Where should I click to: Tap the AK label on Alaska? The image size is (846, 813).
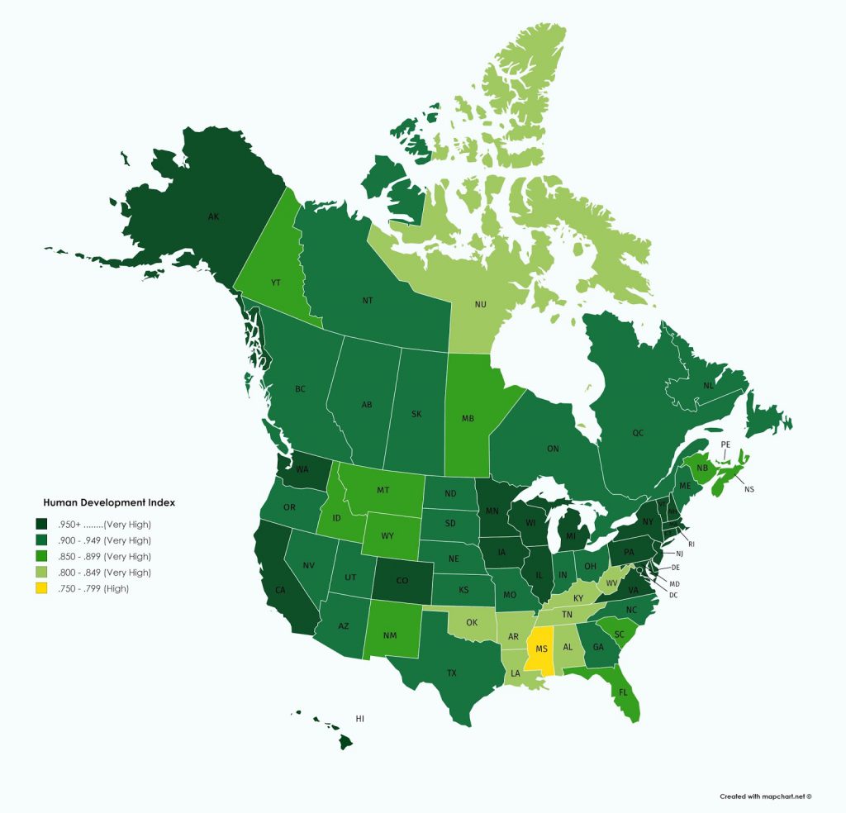213,217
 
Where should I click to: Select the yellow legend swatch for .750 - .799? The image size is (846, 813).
40,588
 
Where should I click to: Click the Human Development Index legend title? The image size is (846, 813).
109,502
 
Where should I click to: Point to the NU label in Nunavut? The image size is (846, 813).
480,304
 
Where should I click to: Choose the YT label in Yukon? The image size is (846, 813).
276,283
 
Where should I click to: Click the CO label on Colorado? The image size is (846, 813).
402,580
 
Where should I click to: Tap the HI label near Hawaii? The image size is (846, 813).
359,719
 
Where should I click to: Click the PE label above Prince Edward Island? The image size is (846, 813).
725,445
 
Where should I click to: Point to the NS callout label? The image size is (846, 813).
749,489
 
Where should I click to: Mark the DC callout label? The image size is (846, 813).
673,595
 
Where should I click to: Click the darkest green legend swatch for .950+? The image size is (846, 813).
40,525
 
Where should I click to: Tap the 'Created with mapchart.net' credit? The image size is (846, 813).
765,796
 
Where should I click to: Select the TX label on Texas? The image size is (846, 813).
451,673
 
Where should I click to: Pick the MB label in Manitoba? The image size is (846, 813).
468,418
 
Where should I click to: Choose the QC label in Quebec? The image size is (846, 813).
638,432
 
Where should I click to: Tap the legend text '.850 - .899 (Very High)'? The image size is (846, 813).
104,557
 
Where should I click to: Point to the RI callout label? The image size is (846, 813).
692,544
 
